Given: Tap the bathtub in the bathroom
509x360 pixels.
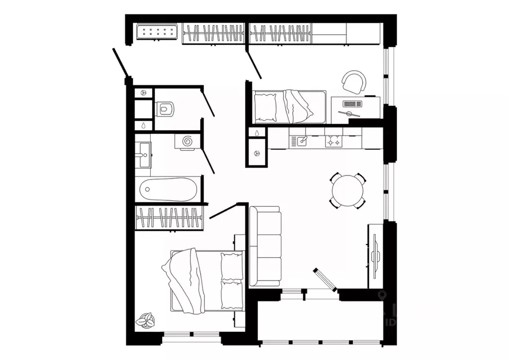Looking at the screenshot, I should [x=168, y=189].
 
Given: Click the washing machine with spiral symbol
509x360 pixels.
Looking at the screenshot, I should [x=188, y=141].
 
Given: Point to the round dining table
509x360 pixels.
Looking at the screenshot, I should [x=348, y=190].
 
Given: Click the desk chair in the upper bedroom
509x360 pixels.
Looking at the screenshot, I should [x=354, y=82].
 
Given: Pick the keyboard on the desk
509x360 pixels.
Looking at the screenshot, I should [x=352, y=104].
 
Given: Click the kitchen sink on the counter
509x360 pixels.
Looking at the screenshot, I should [x=302, y=142].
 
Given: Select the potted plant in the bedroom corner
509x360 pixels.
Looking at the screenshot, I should [x=147, y=320].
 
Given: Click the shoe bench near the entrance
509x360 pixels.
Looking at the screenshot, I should [x=157, y=32].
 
